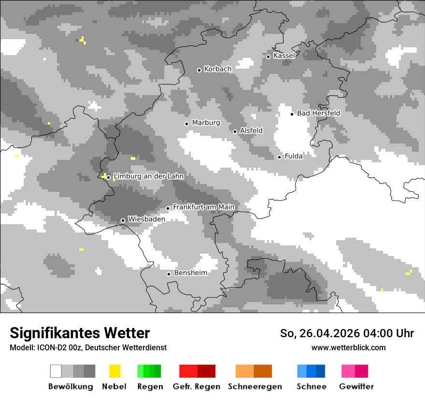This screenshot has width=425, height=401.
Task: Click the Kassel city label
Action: tap(284, 56)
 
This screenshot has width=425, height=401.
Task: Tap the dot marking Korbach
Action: tap(199, 70)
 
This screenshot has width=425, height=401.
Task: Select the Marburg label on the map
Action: tap(206, 123)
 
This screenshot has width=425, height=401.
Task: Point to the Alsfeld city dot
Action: tap(235, 131)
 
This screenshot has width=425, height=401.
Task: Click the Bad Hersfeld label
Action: tap(318, 113)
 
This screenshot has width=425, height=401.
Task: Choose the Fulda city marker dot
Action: tap(279, 157)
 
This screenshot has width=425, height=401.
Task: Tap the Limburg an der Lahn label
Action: tap(148, 176)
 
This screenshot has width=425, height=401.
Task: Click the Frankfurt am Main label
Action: tap(203, 207)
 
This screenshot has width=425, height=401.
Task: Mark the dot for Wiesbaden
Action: tap(123, 220)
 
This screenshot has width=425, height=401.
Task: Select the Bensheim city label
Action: tap(190, 273)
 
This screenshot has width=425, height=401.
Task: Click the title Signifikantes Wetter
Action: tap(80, 333)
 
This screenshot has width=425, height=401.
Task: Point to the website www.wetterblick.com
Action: tap(348, 347)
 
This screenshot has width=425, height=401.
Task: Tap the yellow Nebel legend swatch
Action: tap(114, 371)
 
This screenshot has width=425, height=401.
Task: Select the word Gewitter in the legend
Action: tap(356, 387)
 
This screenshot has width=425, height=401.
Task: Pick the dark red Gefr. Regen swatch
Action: tap(206, 371)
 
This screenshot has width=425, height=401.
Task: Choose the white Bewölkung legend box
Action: tap(56, 371)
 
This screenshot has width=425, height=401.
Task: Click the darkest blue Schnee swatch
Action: tap(321, 371)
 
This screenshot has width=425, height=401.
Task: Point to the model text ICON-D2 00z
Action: tap(56, 347)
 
